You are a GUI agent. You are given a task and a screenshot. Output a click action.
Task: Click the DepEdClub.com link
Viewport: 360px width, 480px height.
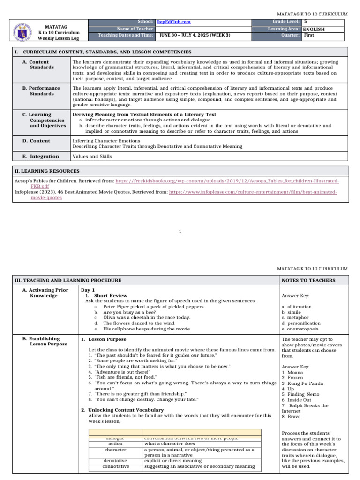coord(173,22)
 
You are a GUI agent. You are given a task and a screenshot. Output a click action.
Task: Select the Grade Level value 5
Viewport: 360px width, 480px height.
coord(306,22)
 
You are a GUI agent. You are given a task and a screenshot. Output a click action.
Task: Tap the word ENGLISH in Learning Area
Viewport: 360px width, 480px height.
coord(314,29)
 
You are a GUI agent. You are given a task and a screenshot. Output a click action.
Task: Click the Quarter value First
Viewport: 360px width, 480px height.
coord(309,35)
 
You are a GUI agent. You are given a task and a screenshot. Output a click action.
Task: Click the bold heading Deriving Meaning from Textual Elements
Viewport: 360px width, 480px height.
coord(144,114)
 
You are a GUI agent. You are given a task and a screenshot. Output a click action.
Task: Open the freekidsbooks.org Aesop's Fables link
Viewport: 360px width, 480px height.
coord(227,181)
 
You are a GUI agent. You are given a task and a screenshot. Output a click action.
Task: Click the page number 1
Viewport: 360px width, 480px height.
coord(180,231)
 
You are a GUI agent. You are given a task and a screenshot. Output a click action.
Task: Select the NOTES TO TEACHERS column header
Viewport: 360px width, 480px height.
coord(308,280)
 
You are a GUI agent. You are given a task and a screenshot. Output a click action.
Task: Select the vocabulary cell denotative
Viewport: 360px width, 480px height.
coord(115,461)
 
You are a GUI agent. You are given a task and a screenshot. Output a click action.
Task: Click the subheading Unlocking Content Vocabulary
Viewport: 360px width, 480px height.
coord(124,410)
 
